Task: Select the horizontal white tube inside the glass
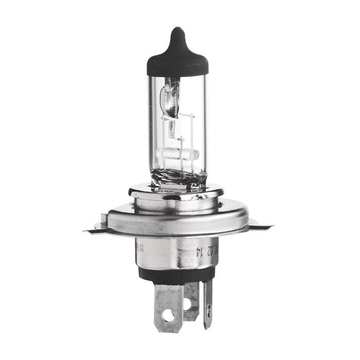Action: point(177,154)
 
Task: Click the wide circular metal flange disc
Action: point(177,219)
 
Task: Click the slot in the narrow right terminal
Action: point(208,309)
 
